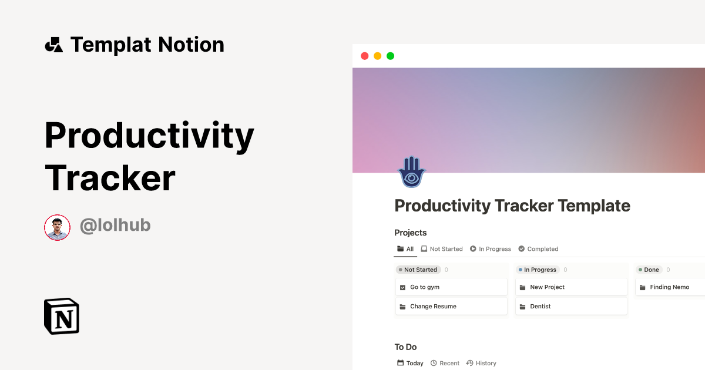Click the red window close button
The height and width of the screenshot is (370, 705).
point(364,56)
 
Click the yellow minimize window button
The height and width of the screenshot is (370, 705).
point(377,56)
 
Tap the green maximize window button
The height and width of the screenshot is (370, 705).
point(390,56)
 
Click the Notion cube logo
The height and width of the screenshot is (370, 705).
point(62,316)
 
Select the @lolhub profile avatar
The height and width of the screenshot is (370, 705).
point(57,227)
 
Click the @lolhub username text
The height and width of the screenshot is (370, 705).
point(115,225)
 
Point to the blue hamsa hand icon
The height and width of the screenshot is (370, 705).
point(411,172)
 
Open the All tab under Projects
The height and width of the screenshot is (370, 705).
point(405,249)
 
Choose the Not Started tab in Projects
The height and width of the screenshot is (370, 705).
point(442,249)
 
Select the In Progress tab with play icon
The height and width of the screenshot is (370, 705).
point(491,249)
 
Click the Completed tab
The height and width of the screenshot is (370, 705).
point(538,249)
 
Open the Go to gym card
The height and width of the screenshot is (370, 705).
point(451,287)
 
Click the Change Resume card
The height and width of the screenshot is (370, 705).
point(451,307)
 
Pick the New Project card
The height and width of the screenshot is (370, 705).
point(570,287)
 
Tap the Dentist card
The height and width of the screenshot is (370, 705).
point(570,307)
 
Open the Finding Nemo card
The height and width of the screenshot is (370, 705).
point(670,287)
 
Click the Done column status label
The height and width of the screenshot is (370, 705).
point(649,270)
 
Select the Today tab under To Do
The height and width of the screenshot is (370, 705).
point(410,363)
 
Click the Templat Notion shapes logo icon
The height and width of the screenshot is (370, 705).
point(53,45)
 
